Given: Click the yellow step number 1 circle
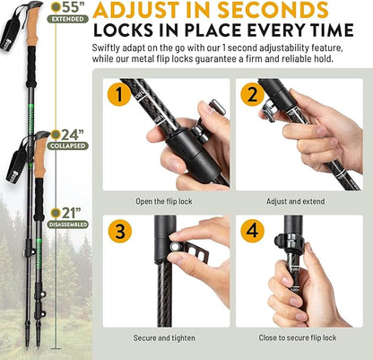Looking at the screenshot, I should (x=117, y=93).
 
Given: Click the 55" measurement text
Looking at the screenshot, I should (x=71, y=7).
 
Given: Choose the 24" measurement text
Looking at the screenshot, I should (x=71, y=135).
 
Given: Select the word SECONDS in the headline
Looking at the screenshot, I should (x=279, y=11).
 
